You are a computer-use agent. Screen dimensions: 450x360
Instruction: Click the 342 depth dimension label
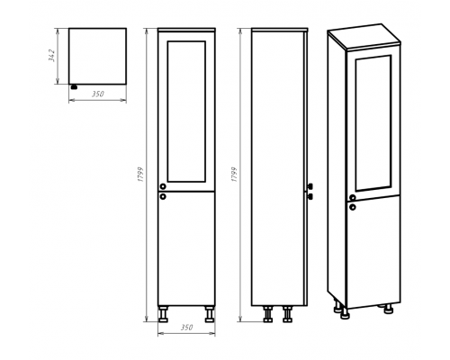52,55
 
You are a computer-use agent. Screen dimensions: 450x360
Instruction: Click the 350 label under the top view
98,94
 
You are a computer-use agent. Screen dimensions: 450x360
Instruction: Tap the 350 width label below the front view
186,328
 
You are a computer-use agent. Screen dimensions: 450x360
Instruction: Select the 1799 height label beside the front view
140,175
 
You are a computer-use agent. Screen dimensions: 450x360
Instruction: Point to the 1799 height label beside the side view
234,175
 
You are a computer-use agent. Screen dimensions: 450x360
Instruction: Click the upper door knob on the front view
163,186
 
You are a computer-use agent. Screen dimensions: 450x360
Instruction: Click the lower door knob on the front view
163,196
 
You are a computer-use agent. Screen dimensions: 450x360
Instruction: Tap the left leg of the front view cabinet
163,314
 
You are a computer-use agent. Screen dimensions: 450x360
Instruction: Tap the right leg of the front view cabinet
210,314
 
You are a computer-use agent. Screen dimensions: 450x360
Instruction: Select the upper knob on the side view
310,186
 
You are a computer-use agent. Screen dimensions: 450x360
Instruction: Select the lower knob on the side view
310,196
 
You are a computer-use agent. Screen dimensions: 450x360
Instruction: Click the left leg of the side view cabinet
267,314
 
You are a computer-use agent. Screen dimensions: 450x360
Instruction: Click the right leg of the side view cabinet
287,314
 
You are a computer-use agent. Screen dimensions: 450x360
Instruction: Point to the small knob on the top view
74,87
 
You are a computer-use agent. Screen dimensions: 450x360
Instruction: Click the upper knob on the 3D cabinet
353,197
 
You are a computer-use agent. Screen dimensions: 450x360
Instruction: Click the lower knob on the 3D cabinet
353,207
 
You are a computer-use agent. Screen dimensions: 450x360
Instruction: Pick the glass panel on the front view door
186,112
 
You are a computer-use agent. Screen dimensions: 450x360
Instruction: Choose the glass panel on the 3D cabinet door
373,123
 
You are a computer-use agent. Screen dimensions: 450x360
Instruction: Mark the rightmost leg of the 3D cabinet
389,309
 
